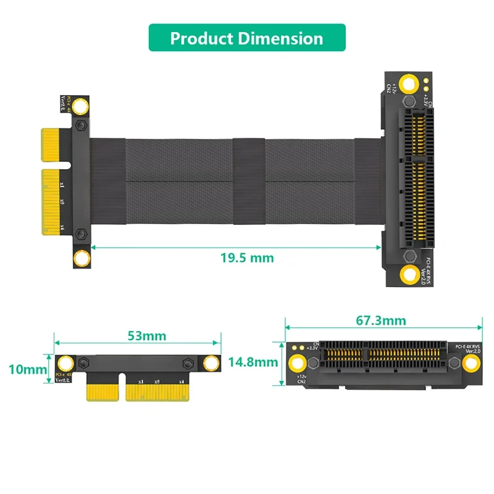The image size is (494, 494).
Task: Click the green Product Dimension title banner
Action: pyautogui.click(x=247, y=38)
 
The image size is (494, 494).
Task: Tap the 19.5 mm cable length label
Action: pyautogui.click(x=247, y=257)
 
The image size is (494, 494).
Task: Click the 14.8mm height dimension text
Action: pyautogui.click(x=253, y=362)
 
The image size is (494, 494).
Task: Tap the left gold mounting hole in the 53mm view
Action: pyautogui.click(x=64, y=362)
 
